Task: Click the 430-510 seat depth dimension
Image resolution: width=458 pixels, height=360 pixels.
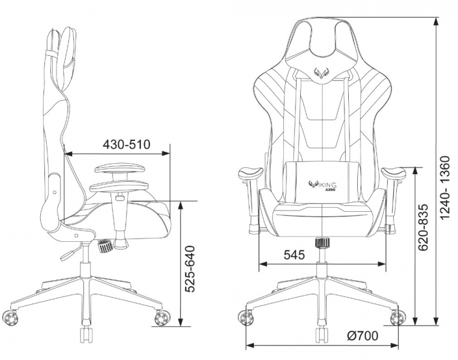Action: [126, 145]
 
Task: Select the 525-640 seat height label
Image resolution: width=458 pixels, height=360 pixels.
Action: [190, 269]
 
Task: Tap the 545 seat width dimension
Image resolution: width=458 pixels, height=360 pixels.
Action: [294, 255]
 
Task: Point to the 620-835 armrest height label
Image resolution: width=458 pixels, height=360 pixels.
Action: [423, 227]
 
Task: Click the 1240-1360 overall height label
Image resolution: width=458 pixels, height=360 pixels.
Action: [447, 188]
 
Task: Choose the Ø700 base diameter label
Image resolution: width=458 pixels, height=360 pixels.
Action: [363, 336]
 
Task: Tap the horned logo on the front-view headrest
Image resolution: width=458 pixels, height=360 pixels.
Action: [321, 73]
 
